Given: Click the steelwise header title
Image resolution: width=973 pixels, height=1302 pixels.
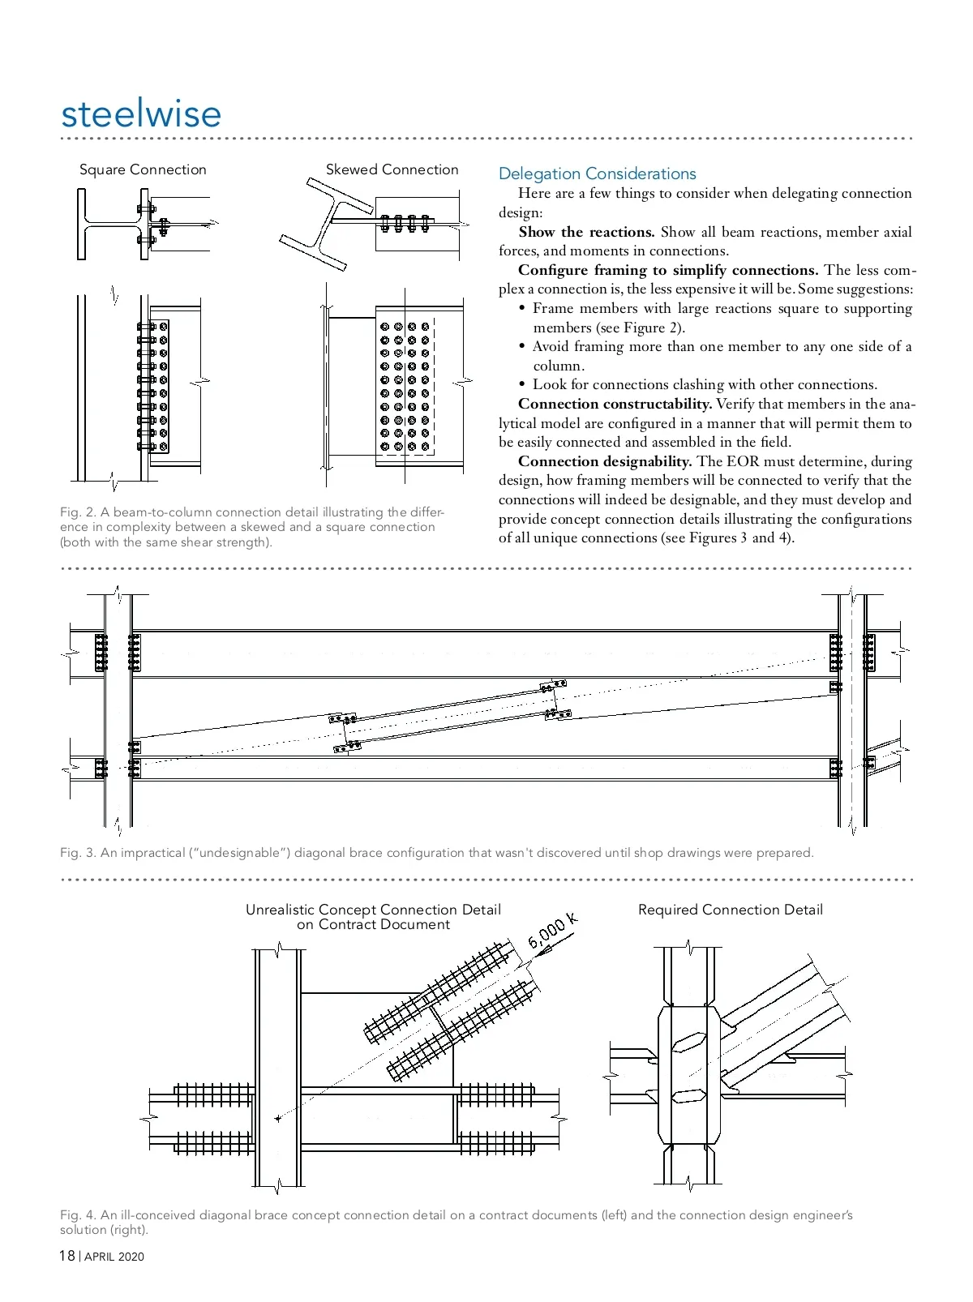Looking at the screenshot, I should coord(141,113).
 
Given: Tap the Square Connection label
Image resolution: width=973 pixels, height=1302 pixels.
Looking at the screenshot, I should coord(143,169).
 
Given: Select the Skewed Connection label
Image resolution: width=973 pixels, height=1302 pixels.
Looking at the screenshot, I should coord(392,169).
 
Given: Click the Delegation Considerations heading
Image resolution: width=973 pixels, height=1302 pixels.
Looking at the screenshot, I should coord(597,173).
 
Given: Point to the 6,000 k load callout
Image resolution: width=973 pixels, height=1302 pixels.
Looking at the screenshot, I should coord(553,930).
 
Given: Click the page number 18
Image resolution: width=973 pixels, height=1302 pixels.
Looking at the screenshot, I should coord(66,1256).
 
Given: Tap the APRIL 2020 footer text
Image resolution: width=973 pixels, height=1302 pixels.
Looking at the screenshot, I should coord(114,1257).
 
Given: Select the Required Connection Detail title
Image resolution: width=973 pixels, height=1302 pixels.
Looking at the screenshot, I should coord(730,910).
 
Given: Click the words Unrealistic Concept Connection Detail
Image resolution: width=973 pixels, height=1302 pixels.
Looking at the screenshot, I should coord(373,910).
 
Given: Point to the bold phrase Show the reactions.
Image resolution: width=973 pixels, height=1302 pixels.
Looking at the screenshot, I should coord(586,232).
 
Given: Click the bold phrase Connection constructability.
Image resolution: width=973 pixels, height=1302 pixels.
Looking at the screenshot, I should coord(615,404).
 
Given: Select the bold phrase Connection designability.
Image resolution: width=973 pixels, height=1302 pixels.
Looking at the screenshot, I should coord(604,461).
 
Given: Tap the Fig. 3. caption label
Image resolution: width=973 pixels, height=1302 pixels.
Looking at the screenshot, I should coord(78,853).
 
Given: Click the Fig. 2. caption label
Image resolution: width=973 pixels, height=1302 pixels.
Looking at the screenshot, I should coord(78,512).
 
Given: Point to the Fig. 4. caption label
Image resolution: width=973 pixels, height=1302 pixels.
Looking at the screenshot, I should coord(78,1215).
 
